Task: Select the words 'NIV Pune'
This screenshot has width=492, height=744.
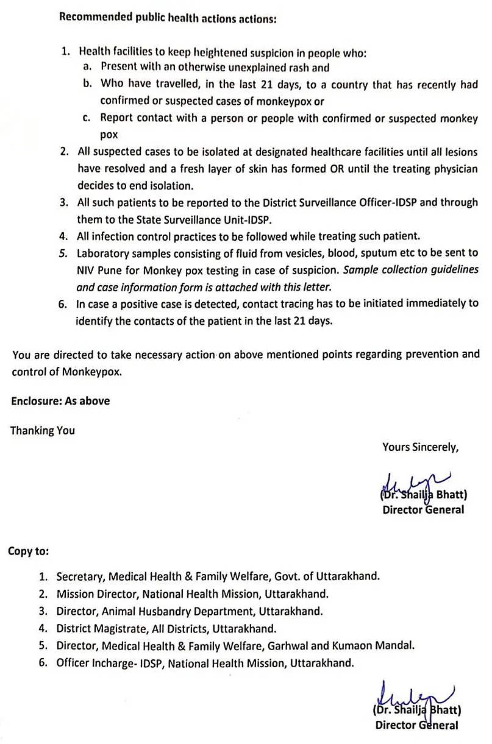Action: (98, 269)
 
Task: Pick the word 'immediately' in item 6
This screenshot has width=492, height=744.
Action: (429, 303)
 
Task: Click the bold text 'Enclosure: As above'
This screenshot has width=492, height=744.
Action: (61, 401)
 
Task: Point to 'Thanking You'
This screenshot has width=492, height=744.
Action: (43, 430)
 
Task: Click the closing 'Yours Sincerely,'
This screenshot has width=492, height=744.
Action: (420, 447)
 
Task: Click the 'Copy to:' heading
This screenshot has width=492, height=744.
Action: (29, 551)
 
